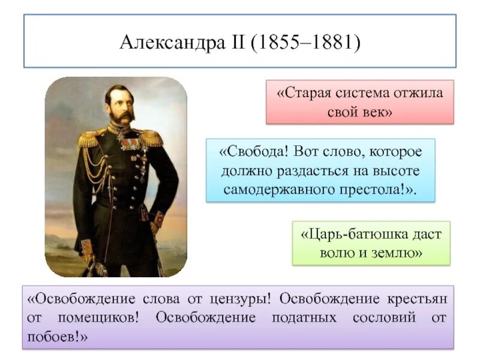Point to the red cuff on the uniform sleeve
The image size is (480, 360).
click(x=157, y=219)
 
